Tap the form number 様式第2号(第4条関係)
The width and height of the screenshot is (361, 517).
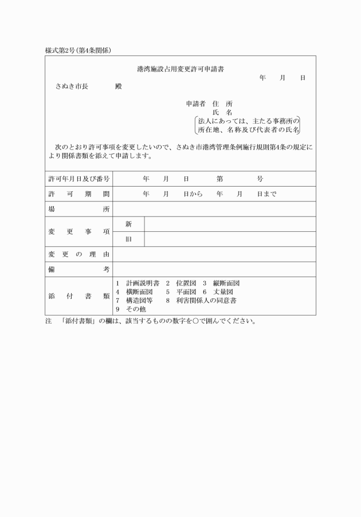click(78, 50)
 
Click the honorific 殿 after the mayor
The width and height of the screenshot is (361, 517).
click(118, 86)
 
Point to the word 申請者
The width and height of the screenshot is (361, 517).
click(196, 104)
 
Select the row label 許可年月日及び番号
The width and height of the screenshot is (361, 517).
click(79, 179)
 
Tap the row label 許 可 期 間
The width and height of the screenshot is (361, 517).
click(79, 194)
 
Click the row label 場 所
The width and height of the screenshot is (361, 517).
click(79, 209)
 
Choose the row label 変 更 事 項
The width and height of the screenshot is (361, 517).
click(79, 231)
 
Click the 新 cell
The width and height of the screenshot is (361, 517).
click(128, 224)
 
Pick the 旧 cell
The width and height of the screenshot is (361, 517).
click(128, 239)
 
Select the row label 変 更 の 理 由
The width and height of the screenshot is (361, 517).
click(79, 254)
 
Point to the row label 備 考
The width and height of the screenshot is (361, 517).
click(79, 269)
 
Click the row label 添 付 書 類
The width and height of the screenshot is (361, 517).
click(79, 296)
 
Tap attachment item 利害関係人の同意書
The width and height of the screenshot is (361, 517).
click(206, 300)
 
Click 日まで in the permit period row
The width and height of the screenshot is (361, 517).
click(266, 194)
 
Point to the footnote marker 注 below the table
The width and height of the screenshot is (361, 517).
click(49, 321)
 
